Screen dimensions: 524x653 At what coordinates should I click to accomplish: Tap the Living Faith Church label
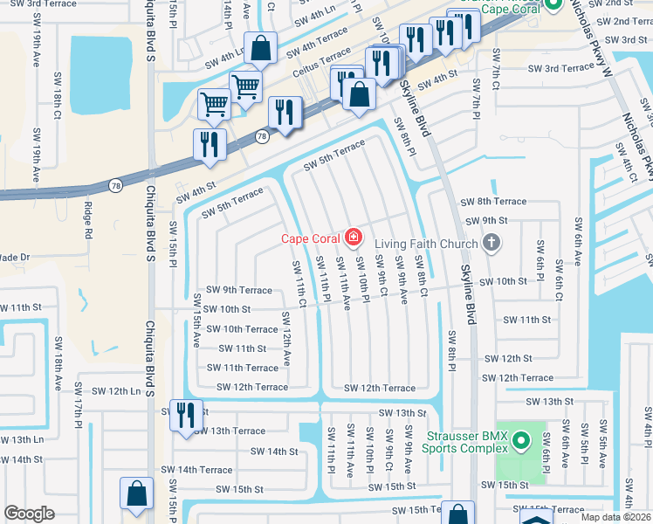tap(427, 244)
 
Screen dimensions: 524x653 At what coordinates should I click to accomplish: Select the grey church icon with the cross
tap(491, 244)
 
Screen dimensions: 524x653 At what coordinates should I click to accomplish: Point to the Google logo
tap(29, 514)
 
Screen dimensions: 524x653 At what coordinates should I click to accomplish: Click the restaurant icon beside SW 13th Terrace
tap(186, 415)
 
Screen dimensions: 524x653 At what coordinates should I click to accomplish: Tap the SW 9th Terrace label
tap(238, 289)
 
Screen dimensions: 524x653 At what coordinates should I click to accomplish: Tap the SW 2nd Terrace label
tap(621, 21)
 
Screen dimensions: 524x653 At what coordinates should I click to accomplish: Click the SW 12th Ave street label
tap(285, 335)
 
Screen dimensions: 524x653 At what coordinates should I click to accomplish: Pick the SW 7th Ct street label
tap(495, 81)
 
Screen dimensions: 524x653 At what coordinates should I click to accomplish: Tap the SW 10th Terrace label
tap(238, 329)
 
